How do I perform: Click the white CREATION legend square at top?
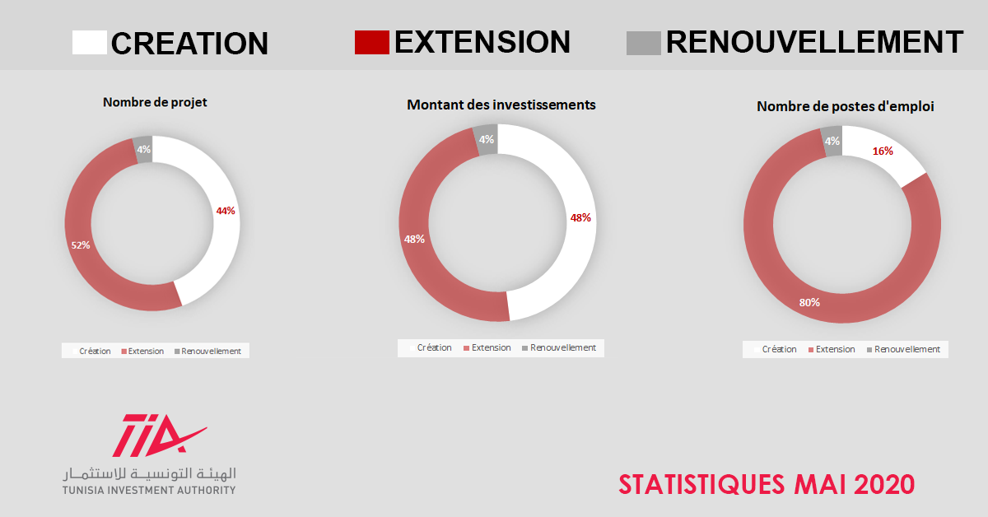click(90, 42)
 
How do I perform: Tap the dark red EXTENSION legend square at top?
click(372, 42)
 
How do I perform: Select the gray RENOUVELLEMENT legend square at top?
click(644, 44)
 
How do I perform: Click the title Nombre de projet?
click(155, 102)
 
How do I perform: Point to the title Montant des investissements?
click(501, 105)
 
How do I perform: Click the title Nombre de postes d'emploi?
click(845, 106)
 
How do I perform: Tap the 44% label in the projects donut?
click(226, 211)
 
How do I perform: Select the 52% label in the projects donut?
click(81, 245)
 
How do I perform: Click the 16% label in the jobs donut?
click(883, 151)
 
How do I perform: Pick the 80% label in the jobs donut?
click(809, 303)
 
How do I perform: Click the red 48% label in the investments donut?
click(580, 218)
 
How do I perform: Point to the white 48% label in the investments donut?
click(415, 239)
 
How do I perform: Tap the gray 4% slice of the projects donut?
click(143, 150)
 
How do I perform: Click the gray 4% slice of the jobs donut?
click(832, 141)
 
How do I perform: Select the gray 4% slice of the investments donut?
click(486, 139)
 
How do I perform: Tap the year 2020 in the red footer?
click(884, 484)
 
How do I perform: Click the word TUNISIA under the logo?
click(84, 490)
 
